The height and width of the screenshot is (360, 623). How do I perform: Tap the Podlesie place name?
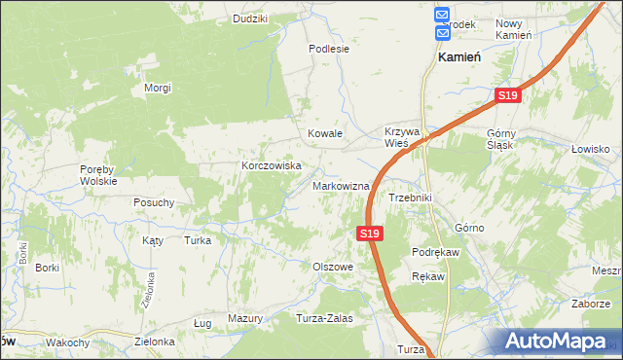click(x=329, y=48)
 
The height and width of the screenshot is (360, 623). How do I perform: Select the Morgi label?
click(x=158, y=89)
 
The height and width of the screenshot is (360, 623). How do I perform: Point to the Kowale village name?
click(x=325, y=133)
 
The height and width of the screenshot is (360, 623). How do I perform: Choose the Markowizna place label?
click(x=341, y=186)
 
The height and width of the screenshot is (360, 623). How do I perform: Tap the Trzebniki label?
click(x=410, y=198)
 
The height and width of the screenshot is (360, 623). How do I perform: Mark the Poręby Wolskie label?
click(x=98, y=174)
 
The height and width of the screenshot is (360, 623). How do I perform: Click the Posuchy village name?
click(x=154, y=202)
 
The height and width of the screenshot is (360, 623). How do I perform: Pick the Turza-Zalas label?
click(x=324, y=318)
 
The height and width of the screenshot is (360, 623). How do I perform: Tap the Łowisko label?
click(x=590, y=149)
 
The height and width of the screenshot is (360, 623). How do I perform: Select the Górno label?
click(x=469, y=228)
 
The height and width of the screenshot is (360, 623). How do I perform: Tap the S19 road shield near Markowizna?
click(x=369, y=234)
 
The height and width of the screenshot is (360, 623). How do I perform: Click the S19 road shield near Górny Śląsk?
click(x=507, y=96)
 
